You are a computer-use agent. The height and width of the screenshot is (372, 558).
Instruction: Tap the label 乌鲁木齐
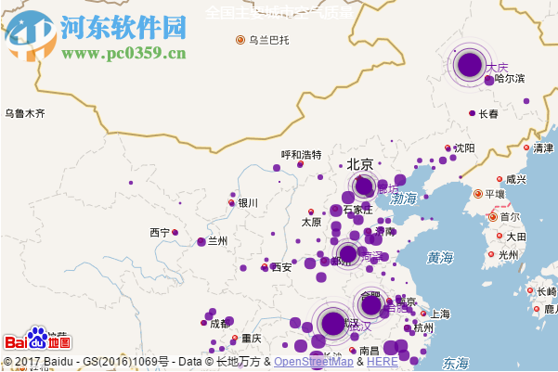[24, 113]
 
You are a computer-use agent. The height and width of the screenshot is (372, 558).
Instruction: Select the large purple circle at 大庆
[470, 64]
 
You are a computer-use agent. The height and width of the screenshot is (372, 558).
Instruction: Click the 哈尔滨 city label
[510, 79]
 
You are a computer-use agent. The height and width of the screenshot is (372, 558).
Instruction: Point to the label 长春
[488, 114]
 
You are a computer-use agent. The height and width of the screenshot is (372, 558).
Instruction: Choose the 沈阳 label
[464, 148]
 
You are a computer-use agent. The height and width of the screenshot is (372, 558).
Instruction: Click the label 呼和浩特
[301, 155]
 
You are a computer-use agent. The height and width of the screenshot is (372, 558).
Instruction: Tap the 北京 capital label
[360, 164]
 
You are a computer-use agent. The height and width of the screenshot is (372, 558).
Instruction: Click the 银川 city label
[247, 202]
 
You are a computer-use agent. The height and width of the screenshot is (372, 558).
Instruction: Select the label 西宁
[160, 232]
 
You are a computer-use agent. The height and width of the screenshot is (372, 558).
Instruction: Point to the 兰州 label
[217, 241]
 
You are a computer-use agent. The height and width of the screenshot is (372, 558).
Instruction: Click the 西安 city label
[281, 266]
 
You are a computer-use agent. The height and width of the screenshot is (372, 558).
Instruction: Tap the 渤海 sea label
[404, 199]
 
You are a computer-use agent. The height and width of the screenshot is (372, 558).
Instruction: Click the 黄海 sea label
[440, 257]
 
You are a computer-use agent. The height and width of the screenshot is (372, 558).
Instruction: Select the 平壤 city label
[494, 194]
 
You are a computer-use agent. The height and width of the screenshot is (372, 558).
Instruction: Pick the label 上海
[440, 314]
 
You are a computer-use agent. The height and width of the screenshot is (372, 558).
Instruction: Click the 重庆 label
[252, 339]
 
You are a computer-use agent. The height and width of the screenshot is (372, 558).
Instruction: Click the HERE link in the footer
[383, 362]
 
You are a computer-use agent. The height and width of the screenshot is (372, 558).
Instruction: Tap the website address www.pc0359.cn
[123, 53]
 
